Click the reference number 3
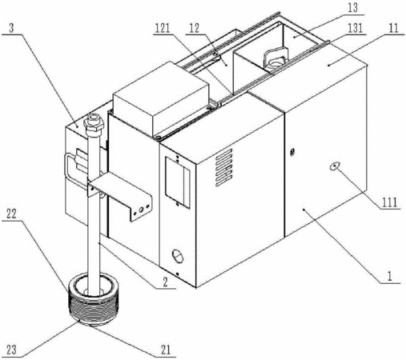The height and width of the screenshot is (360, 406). point(11,29)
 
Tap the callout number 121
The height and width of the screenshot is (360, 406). point(163,28)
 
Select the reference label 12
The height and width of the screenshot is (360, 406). point(195,28)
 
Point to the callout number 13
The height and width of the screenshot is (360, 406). point(352,7)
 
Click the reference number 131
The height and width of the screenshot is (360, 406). point(356,28)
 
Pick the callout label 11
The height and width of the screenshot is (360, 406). point(393,28)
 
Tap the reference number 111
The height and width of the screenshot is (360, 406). point(390,202)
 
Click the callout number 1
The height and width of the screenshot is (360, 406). point(390,276)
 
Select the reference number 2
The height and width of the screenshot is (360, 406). point(166,282)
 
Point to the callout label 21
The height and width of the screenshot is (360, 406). point(166,350)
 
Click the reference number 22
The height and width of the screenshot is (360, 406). point(11,214)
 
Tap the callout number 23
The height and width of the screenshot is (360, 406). point(11,350)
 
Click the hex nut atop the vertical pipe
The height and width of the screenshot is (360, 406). point(94,123)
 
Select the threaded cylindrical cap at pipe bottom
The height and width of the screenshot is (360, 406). point(93,302)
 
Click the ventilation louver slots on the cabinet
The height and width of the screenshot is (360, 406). point(223,167)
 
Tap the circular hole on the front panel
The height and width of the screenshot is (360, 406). point(178,256)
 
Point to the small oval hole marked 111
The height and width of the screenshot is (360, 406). point(335,166)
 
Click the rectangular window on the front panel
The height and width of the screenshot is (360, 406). point(178,182)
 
